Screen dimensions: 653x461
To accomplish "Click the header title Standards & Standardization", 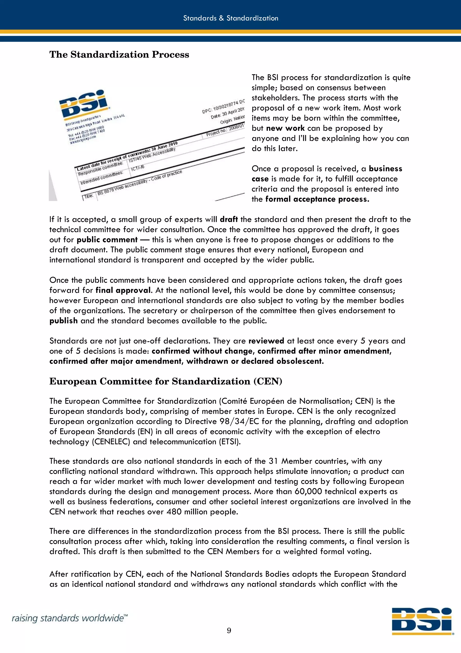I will click(x=230, y=18).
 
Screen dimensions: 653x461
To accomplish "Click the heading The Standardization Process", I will click(x=119, y=55).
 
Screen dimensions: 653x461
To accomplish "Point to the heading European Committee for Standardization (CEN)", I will click(x=166, y=381).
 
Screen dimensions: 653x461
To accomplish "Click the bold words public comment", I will click(x=107, y=240).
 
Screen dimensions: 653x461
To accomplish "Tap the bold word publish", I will click(x=63, y=321).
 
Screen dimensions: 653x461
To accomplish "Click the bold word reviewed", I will click(x=266, y=341).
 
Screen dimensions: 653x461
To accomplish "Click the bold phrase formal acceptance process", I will click(x=317, y=199).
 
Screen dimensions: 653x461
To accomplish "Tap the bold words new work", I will click(x=285, y=128).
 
